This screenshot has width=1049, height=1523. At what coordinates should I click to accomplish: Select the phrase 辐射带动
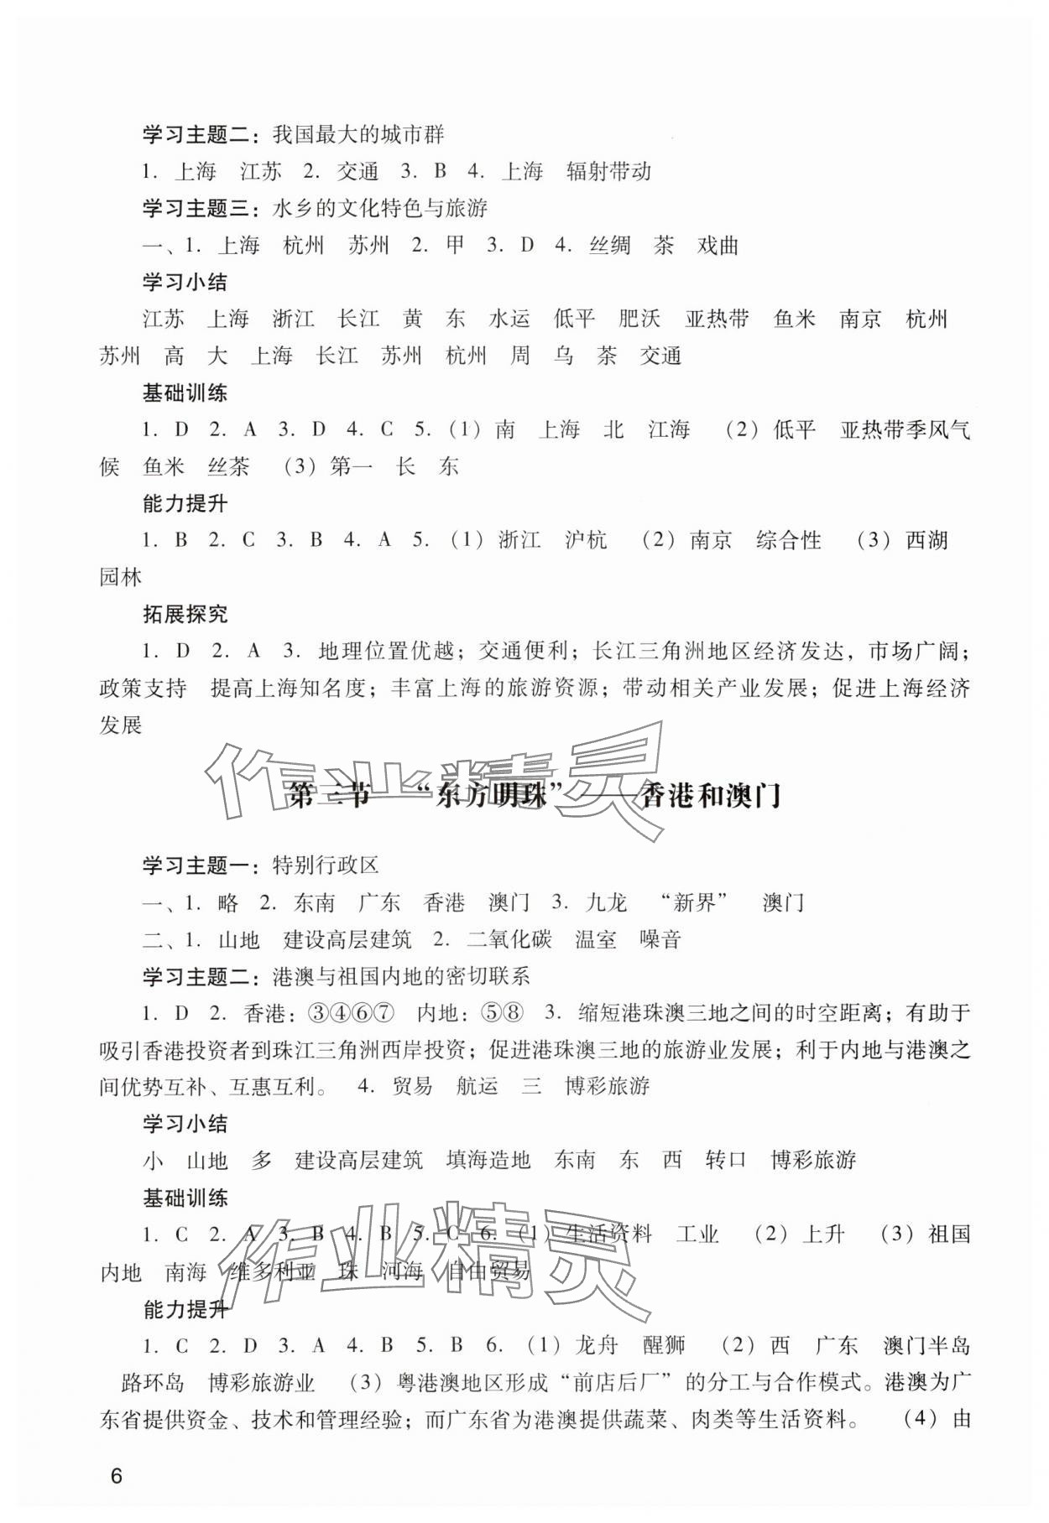tap(608, 172)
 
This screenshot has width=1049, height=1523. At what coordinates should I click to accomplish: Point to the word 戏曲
tap(718, 246)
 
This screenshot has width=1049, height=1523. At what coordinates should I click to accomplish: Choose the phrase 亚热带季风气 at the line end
tap(905, 430)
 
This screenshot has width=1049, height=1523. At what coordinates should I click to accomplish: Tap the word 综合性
tap(788, 541)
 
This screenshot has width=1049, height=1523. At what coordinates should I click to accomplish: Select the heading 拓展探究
tap(185, 615)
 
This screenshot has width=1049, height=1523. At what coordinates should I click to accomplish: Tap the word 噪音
tap(660, 940)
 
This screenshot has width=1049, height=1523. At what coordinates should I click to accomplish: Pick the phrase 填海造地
tap(488, 1161)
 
